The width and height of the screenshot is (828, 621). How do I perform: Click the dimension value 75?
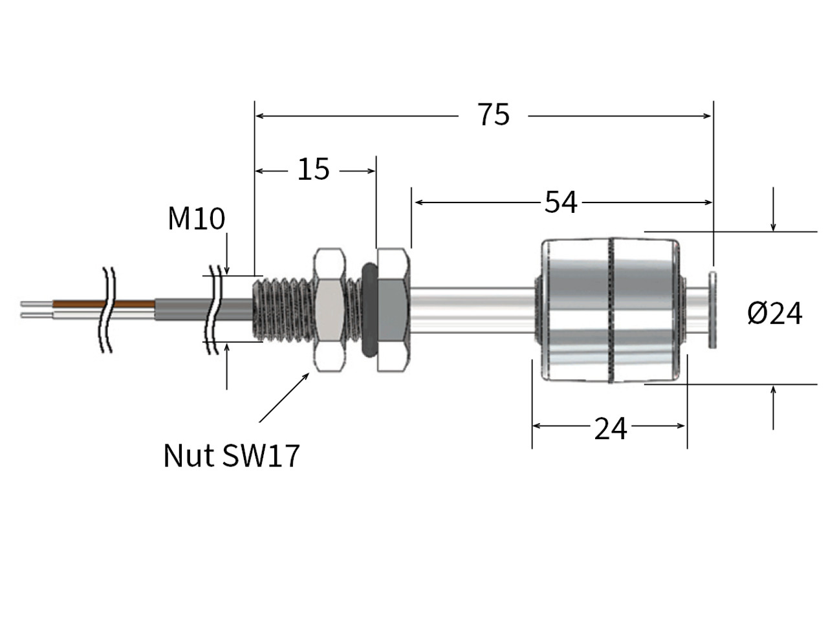[494, 115]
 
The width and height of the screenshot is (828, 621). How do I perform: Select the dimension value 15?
[314, 169]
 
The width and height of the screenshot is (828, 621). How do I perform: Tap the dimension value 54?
[560, 202]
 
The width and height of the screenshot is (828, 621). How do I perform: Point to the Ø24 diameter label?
[774, 314]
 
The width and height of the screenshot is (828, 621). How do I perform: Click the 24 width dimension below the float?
[610, 428]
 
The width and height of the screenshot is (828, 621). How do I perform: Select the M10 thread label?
[196, 219]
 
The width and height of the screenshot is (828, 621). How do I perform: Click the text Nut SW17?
[232, 455]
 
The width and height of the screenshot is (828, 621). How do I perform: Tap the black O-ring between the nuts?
[367, 309]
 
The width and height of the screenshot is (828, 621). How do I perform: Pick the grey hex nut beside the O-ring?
[392, 309]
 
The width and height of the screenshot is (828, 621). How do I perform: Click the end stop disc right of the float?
[713, 309]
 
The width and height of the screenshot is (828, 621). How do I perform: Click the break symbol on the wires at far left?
[107, 309]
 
